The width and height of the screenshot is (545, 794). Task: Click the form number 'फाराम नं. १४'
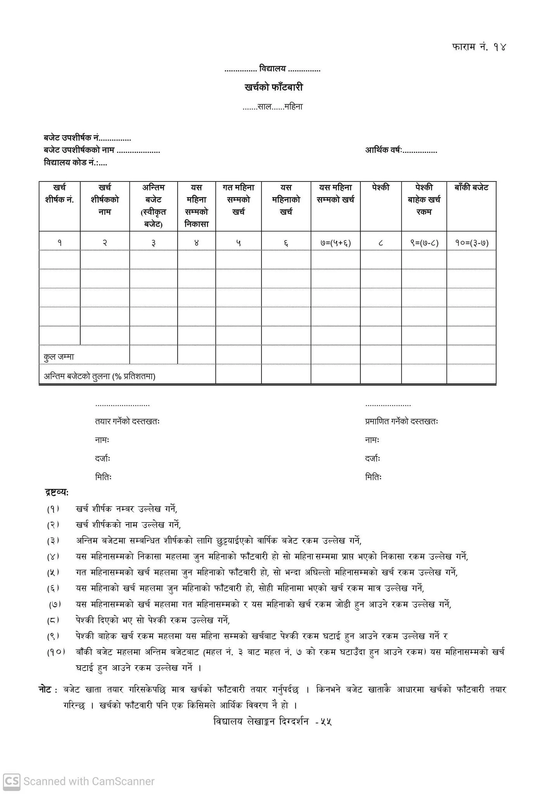click(479, 47)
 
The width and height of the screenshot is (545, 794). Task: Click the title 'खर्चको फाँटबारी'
click(273, 87)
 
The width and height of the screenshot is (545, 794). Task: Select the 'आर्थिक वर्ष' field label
click(383, 150)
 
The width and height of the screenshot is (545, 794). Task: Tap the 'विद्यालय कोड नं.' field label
click(71, 163)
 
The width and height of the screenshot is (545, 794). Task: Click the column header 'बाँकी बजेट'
click(471, 188)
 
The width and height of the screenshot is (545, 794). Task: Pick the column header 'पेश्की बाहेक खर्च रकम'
click(424, 200)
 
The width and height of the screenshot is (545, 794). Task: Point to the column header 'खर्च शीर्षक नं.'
click(60, 193)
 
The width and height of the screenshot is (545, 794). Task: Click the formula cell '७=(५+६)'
click(336, 243)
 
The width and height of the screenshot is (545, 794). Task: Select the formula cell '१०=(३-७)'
click(471, 243)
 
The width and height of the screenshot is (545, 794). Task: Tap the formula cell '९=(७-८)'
click(424, 243)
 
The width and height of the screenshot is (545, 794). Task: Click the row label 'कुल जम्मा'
click(59, 357)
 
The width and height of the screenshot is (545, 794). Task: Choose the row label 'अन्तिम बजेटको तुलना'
click(99, 376)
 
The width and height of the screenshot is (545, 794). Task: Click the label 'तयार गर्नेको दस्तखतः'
click(128, 421)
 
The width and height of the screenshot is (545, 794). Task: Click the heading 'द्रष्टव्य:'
click(57, 492)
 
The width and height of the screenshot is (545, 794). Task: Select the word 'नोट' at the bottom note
click(46, 690)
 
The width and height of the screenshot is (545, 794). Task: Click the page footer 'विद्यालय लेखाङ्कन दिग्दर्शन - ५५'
click(273, 722)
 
